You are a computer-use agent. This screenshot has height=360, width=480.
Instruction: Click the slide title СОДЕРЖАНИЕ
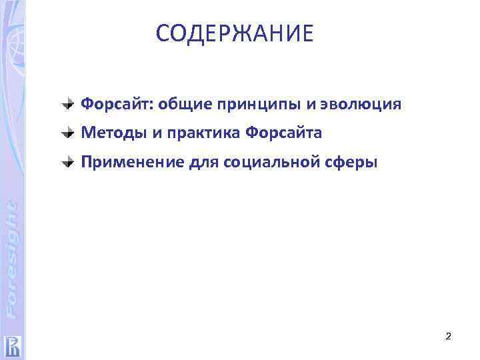tap(234, 34)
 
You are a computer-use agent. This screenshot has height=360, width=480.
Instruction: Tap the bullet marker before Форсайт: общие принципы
tap(69, 104)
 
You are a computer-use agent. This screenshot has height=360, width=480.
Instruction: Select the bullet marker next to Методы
tap(69, 133)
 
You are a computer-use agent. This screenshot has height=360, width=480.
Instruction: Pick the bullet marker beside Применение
tap(69, 161)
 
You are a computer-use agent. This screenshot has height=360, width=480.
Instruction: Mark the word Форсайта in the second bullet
tap(284, 133)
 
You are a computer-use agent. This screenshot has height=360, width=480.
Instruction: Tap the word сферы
tap(353, 161)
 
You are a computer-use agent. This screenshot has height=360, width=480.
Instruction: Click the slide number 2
tap(448, 337)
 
